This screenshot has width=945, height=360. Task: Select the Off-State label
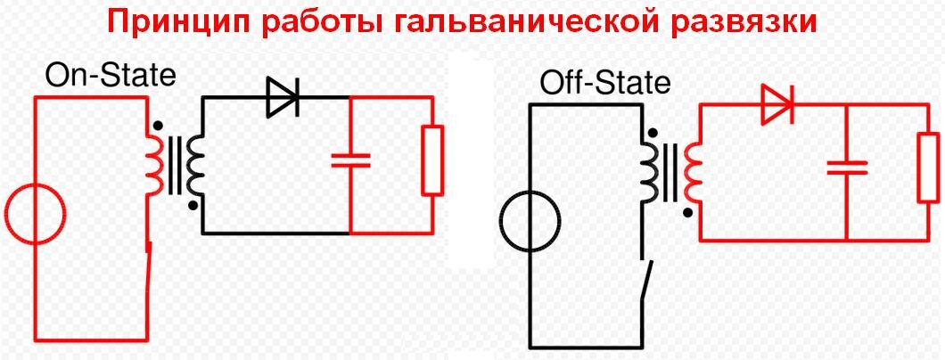(604, 84)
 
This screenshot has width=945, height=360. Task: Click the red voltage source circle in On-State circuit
(35, 215)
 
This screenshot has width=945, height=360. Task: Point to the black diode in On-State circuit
(283, 98)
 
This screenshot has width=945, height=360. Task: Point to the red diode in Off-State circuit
(777, 105)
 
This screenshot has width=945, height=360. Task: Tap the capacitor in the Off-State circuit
(846, 167)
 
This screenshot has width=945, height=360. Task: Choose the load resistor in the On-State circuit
(432, 160)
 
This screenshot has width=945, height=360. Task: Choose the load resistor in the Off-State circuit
(928, 168)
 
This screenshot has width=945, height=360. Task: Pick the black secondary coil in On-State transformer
(195, 164)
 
